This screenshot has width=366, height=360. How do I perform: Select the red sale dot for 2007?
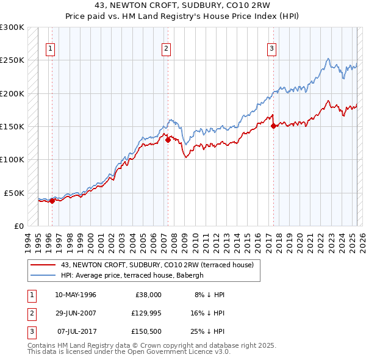(x=168, y=140)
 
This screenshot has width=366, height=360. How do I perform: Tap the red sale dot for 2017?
(x=273, y=126)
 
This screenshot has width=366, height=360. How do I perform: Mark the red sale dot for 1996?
(x=52, y=200)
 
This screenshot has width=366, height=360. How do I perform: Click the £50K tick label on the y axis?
(x=14, y=193)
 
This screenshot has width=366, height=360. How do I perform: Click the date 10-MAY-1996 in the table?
(x=76, y=295)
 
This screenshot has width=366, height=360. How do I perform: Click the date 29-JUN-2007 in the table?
(x=76, y=314)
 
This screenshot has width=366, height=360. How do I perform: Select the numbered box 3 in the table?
(x=30, y=333)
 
